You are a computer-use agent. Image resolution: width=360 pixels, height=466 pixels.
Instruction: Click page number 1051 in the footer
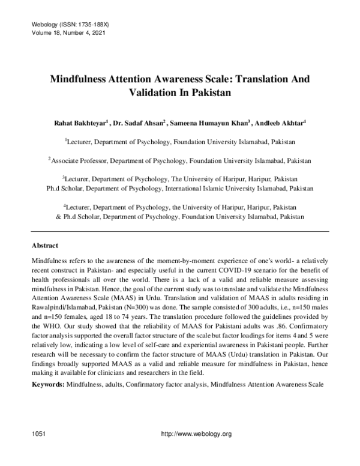pos(38,434)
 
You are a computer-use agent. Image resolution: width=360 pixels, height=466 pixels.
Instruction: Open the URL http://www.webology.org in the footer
pos(193,434)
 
